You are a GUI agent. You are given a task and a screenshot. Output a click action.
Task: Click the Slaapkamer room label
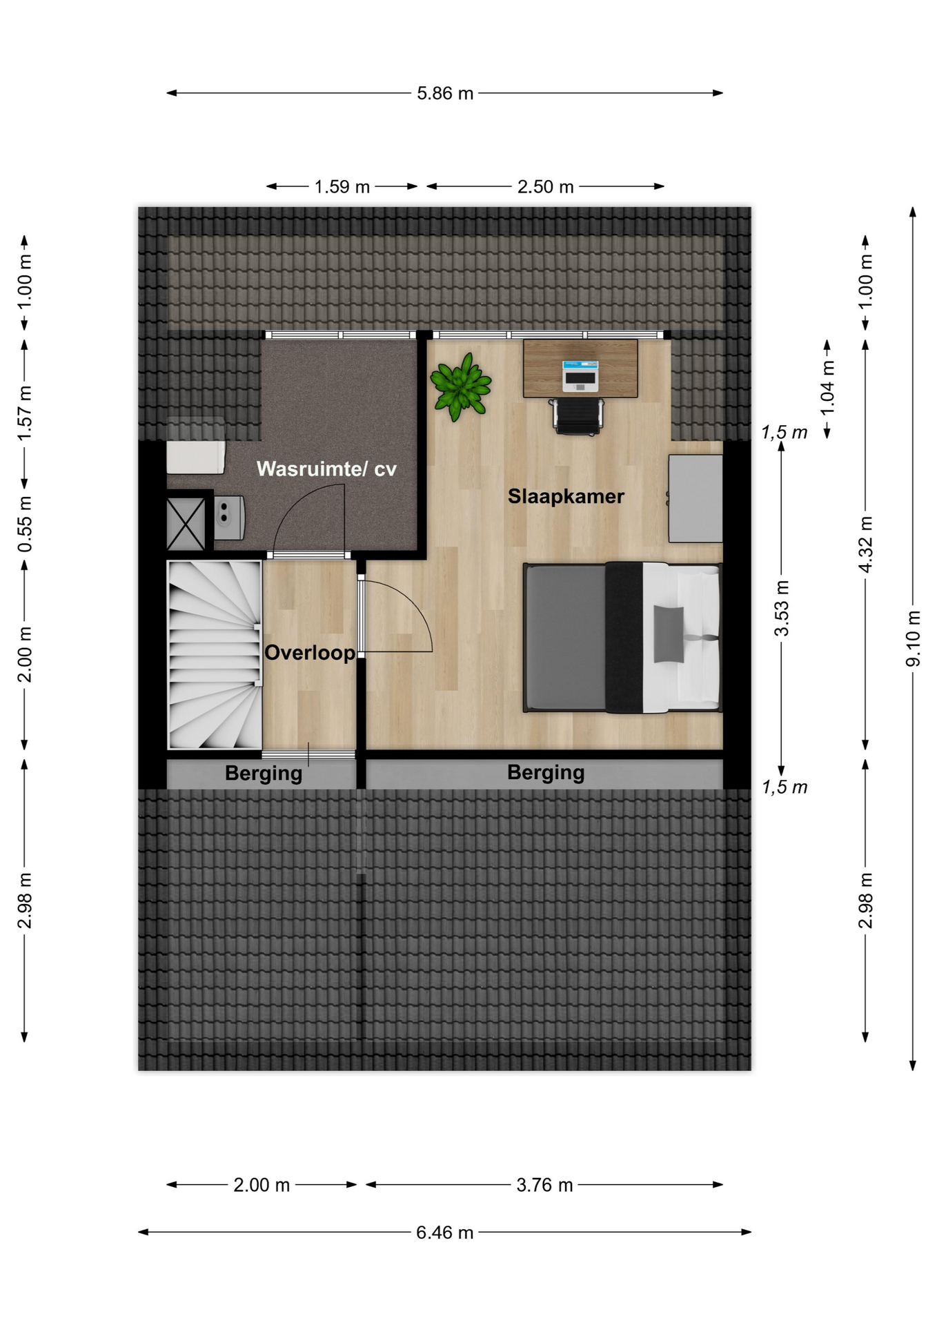tap(566, 496)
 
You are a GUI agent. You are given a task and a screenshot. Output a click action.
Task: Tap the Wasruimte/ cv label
tap(326, 469)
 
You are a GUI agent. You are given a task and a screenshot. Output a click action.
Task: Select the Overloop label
tap(310, 653)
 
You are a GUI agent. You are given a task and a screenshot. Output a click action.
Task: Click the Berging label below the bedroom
tap(546, 772)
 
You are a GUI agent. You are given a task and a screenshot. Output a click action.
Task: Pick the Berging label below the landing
tap(264, 774)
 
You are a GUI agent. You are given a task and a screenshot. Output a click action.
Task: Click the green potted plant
tap(460, 386)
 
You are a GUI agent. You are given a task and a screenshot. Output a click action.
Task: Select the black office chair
tap(577, 417)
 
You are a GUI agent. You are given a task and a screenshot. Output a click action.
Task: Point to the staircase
tap(215, 654)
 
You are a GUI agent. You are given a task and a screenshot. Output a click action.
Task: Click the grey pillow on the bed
tap(669, 634)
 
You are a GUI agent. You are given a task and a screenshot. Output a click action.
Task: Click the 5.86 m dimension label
tap(445, 93)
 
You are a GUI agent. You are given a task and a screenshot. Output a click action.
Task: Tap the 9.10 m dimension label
tap(913, 638)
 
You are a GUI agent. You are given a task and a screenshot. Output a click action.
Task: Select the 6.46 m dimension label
tap(445, 1232)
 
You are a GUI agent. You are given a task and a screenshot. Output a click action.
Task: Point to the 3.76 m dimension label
tap(544, 1185)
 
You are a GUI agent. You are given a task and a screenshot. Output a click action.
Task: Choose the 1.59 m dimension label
tap(342, 187)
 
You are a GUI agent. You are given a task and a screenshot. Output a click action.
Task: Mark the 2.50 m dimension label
tap(546, 187)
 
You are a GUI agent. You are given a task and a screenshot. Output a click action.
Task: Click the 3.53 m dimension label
tap(781, 608)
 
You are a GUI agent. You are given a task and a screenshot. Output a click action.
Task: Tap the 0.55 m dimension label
tap(25, 524)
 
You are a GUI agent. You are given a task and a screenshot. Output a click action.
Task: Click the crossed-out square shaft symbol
tap(186, 524)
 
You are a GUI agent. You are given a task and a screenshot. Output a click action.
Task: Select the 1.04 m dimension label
tap(827, 387)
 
